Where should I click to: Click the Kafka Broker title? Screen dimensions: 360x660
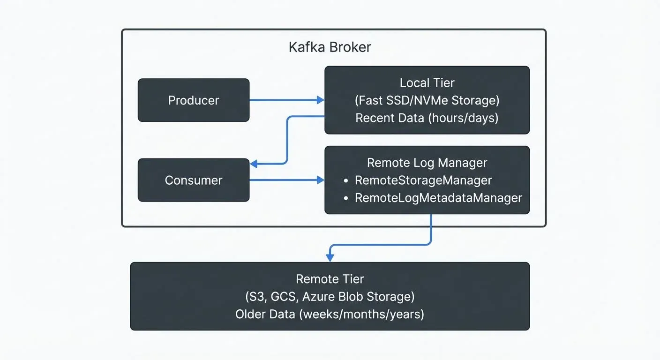[x=330, y=47]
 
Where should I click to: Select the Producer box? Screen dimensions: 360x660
[x=194, y=100]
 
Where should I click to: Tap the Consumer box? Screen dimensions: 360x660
[x=194, y=180]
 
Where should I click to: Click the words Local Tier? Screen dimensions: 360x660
[x=427, y=83]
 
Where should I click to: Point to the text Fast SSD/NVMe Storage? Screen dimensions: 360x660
[x=427, y=100]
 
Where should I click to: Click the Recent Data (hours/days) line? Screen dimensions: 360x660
[x=427, y=118]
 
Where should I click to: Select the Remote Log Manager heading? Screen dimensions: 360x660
[x=427, y=163]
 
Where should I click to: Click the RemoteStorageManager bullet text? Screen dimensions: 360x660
[x=423, y=180]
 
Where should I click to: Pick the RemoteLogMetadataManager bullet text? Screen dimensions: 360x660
[x=438, y=198]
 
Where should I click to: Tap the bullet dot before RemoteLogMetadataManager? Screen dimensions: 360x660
[x=346, y=198]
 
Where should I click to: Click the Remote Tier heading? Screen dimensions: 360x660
[x=330, y=279]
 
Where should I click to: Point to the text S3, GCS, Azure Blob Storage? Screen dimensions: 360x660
[x=330, y=296]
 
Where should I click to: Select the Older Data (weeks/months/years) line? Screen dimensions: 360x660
[x=330, y=314]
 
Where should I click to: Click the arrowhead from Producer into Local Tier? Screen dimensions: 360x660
[x=321, y=100]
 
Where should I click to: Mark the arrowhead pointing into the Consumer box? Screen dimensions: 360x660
[x=254, y=164]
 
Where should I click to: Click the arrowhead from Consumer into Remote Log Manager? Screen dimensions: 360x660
[x=321, y=180]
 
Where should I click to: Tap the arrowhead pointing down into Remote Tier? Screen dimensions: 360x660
[x=330, y=258]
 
